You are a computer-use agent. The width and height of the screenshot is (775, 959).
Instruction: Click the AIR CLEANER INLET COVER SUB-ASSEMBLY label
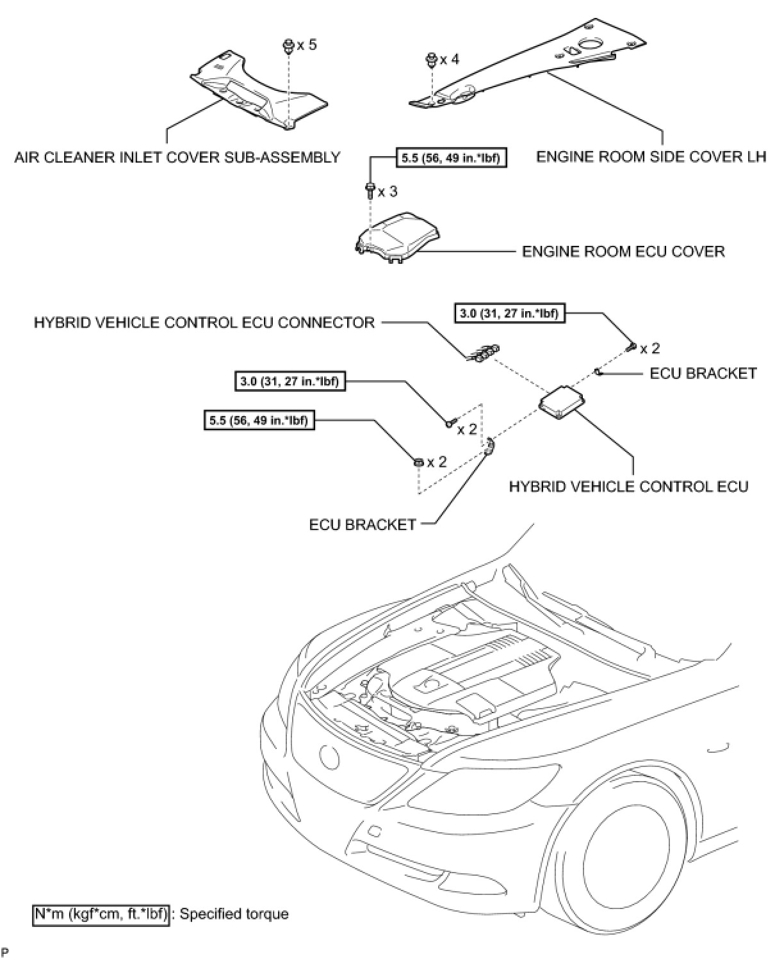[x=177, y=157]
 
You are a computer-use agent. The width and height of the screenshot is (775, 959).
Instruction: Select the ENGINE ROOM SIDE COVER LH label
[x=651, y=157]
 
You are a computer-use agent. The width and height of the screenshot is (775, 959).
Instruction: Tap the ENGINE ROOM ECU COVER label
[x=623, y=251]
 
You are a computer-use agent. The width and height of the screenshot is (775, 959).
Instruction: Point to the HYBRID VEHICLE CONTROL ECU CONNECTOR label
[x=204, y=322]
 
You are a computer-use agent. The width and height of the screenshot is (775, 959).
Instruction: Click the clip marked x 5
[x=289, y=46]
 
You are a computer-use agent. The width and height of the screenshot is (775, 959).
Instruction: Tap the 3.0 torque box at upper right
[x=509, y=313]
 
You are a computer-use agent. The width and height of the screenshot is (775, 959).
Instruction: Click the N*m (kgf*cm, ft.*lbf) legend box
[x=101, y=914]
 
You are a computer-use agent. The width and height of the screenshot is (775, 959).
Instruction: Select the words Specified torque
[x=234, y=914]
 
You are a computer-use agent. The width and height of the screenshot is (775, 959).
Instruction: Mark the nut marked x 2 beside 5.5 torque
[x=418, y=462]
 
